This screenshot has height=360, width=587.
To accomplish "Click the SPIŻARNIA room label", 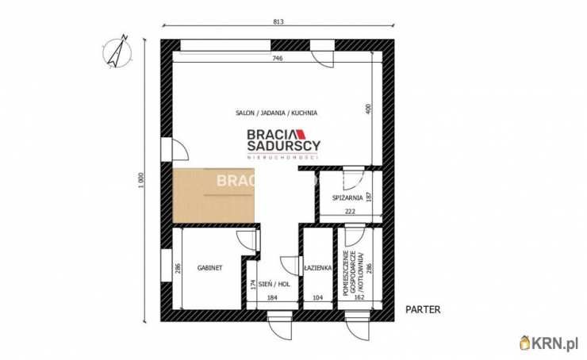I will click(349, 197).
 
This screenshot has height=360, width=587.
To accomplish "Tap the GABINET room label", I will click(209, 268).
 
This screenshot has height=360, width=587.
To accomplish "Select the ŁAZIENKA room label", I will click(317, 268).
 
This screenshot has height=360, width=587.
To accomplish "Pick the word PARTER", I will click(422, 310).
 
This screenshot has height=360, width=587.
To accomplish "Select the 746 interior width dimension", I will click(277, 59).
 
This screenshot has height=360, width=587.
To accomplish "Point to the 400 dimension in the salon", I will click(368, 109).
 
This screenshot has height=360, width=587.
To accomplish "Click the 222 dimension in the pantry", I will click(349, 212).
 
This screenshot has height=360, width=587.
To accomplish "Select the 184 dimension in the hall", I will click(272, 298).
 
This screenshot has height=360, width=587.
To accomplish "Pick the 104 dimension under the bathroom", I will click(317, 298).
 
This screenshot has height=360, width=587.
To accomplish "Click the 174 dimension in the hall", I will click(253, 284).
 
